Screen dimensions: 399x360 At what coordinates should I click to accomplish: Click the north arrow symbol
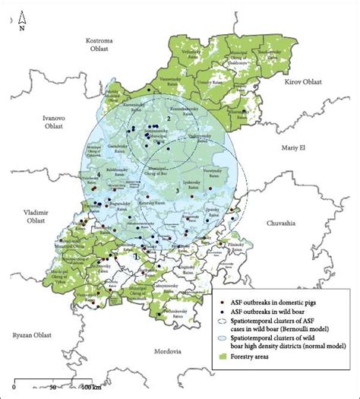pos(23,20)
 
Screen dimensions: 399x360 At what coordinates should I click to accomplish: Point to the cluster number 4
pos(99,175)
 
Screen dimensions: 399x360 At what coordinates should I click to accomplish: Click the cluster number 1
pos(135,256)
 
